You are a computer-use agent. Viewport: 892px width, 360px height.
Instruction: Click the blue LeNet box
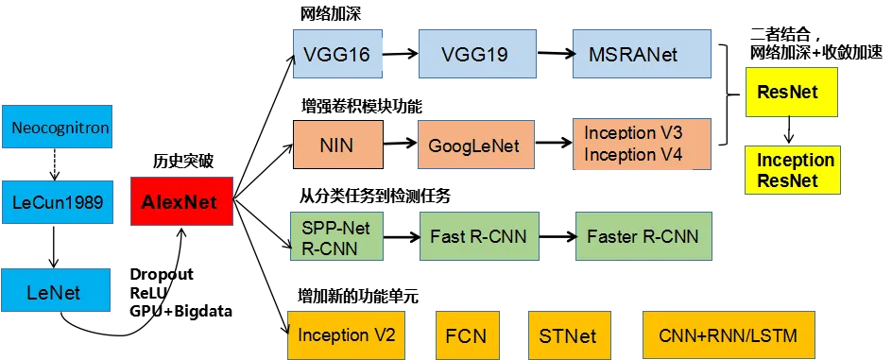[56, 291]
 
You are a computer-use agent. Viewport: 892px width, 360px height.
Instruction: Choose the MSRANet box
[643, 54]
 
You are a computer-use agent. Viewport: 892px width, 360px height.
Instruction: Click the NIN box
[338, 145]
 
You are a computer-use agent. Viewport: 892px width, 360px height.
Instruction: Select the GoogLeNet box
[476, 145]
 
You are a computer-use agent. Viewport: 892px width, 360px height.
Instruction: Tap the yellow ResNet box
[791, 93]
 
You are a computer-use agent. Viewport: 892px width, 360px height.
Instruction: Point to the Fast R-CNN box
[478, 236]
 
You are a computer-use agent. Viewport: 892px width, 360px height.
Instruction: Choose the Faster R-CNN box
[643, 236]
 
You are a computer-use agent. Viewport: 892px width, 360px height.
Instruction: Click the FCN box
[468, 334]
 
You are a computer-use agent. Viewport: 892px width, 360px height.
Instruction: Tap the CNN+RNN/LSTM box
[729, 334]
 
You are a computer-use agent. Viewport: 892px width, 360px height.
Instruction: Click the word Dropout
[163, 274]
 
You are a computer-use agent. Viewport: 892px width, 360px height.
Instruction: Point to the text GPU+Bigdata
[181, 312]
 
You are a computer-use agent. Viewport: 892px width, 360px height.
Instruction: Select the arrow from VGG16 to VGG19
[401, 54]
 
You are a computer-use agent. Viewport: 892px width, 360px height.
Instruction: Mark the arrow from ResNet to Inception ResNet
[788, 130]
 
